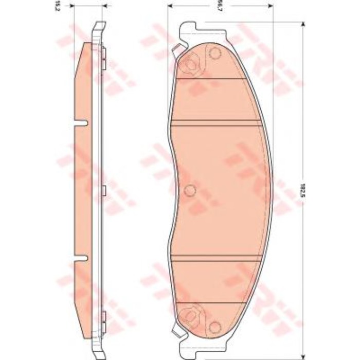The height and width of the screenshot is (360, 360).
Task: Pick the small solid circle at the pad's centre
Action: click(190, 191)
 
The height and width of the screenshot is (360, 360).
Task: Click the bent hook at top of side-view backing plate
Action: click(99, 26)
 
